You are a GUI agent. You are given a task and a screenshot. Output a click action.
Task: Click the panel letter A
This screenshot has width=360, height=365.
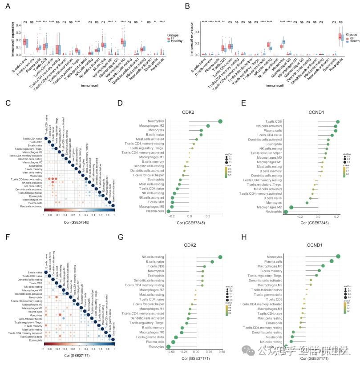[x=8, y=6]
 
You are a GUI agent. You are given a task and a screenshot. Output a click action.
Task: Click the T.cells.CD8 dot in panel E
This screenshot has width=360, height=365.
[x=338, y=121]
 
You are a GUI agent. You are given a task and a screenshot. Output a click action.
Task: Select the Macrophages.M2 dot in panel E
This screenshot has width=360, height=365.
[x=291, y=207]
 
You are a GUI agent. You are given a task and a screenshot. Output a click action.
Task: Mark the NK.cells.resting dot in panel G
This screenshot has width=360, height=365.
[x=220, y=257]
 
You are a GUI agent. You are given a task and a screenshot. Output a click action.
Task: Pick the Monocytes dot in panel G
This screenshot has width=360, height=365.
[x=168, y=347]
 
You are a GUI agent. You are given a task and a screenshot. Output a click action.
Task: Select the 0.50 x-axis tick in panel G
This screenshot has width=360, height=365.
[x=221, y=351]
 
